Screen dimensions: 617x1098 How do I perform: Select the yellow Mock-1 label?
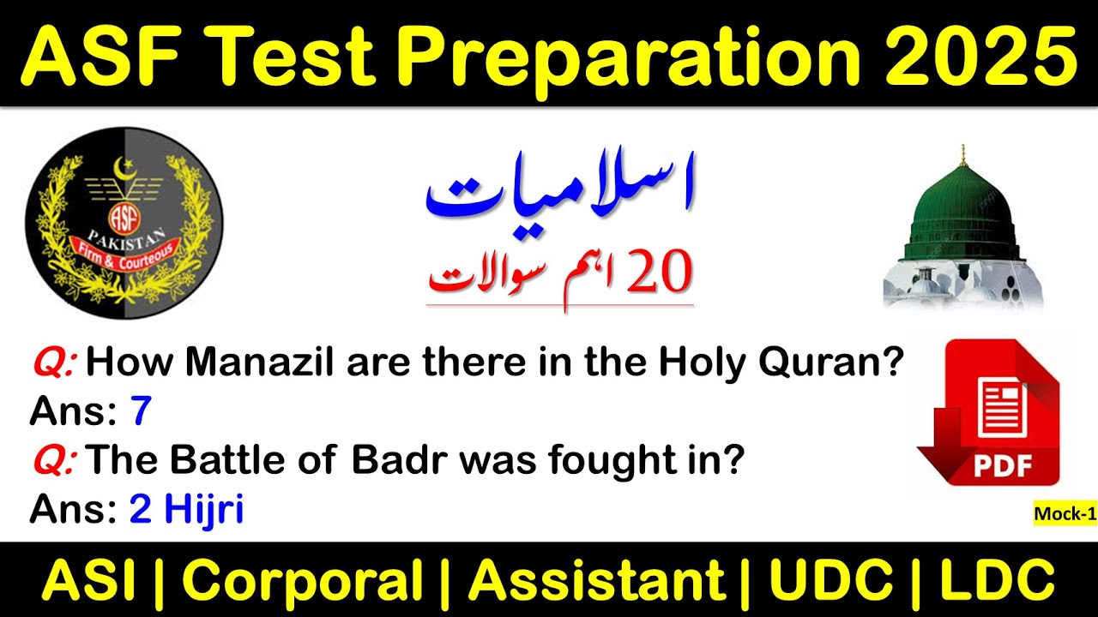tap(1065, 513)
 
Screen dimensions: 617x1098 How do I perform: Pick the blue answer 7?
tap(140, 413)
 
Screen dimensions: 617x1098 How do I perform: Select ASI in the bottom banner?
tap(88, 580)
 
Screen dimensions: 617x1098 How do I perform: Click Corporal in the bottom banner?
tap(303, 580)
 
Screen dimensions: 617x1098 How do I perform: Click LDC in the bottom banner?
tap(998, 580)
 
